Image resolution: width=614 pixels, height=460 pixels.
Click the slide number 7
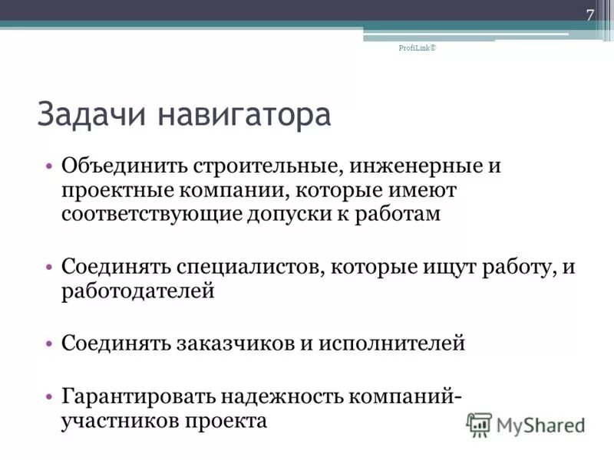[x=590, y=15]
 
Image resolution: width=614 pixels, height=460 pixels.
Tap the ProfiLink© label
[x=417, y=48]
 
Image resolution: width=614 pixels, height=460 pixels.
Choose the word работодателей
[x=137, y=291]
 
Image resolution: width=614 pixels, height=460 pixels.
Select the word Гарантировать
[x=138, y=396]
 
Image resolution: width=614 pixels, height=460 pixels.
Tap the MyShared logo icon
[x=479, y=423]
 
